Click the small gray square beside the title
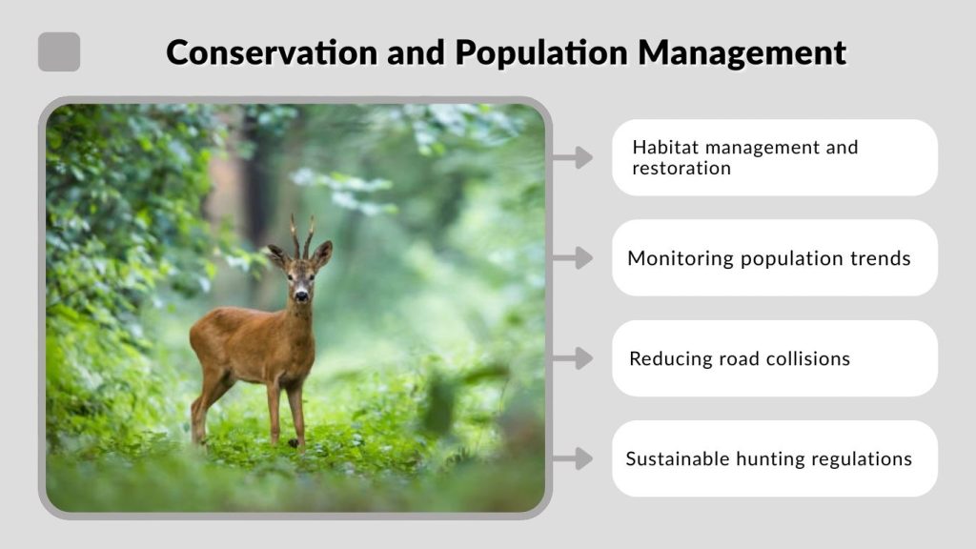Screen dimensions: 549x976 click(59, 51)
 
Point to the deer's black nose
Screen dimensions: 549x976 click(301, 297)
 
